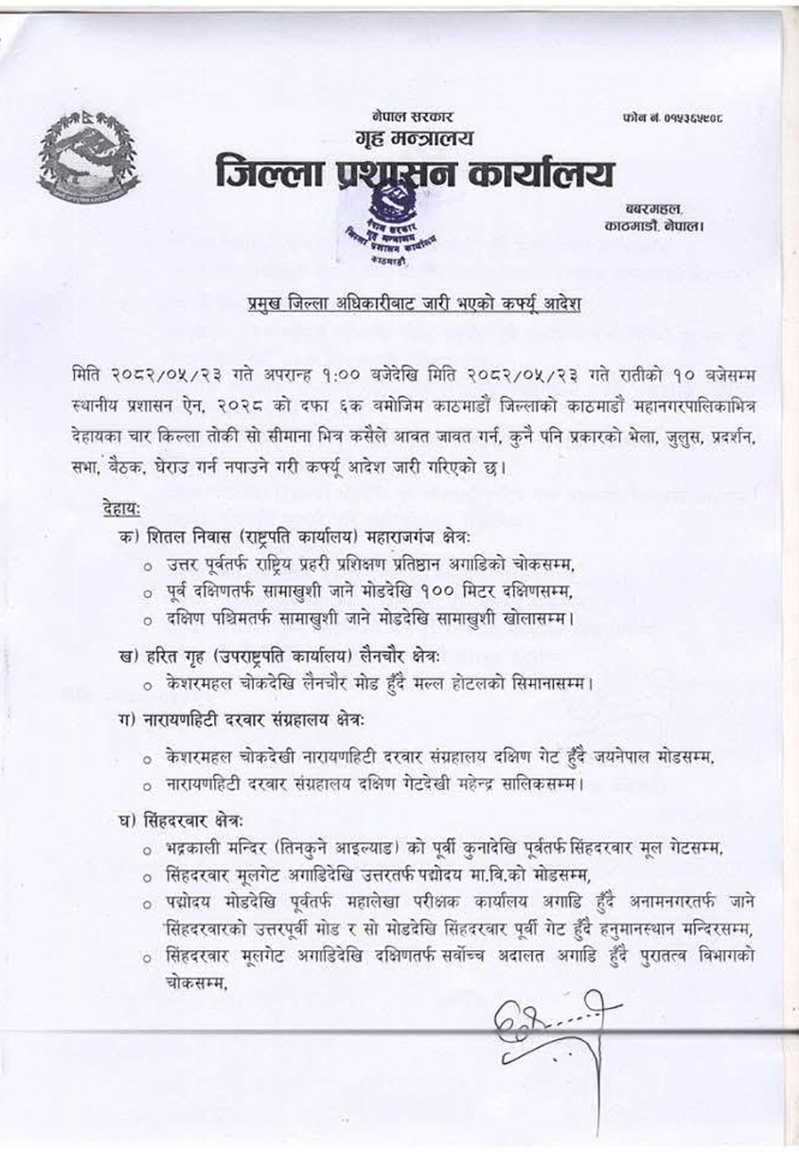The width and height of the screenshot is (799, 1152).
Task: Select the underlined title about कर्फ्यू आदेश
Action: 415,306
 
